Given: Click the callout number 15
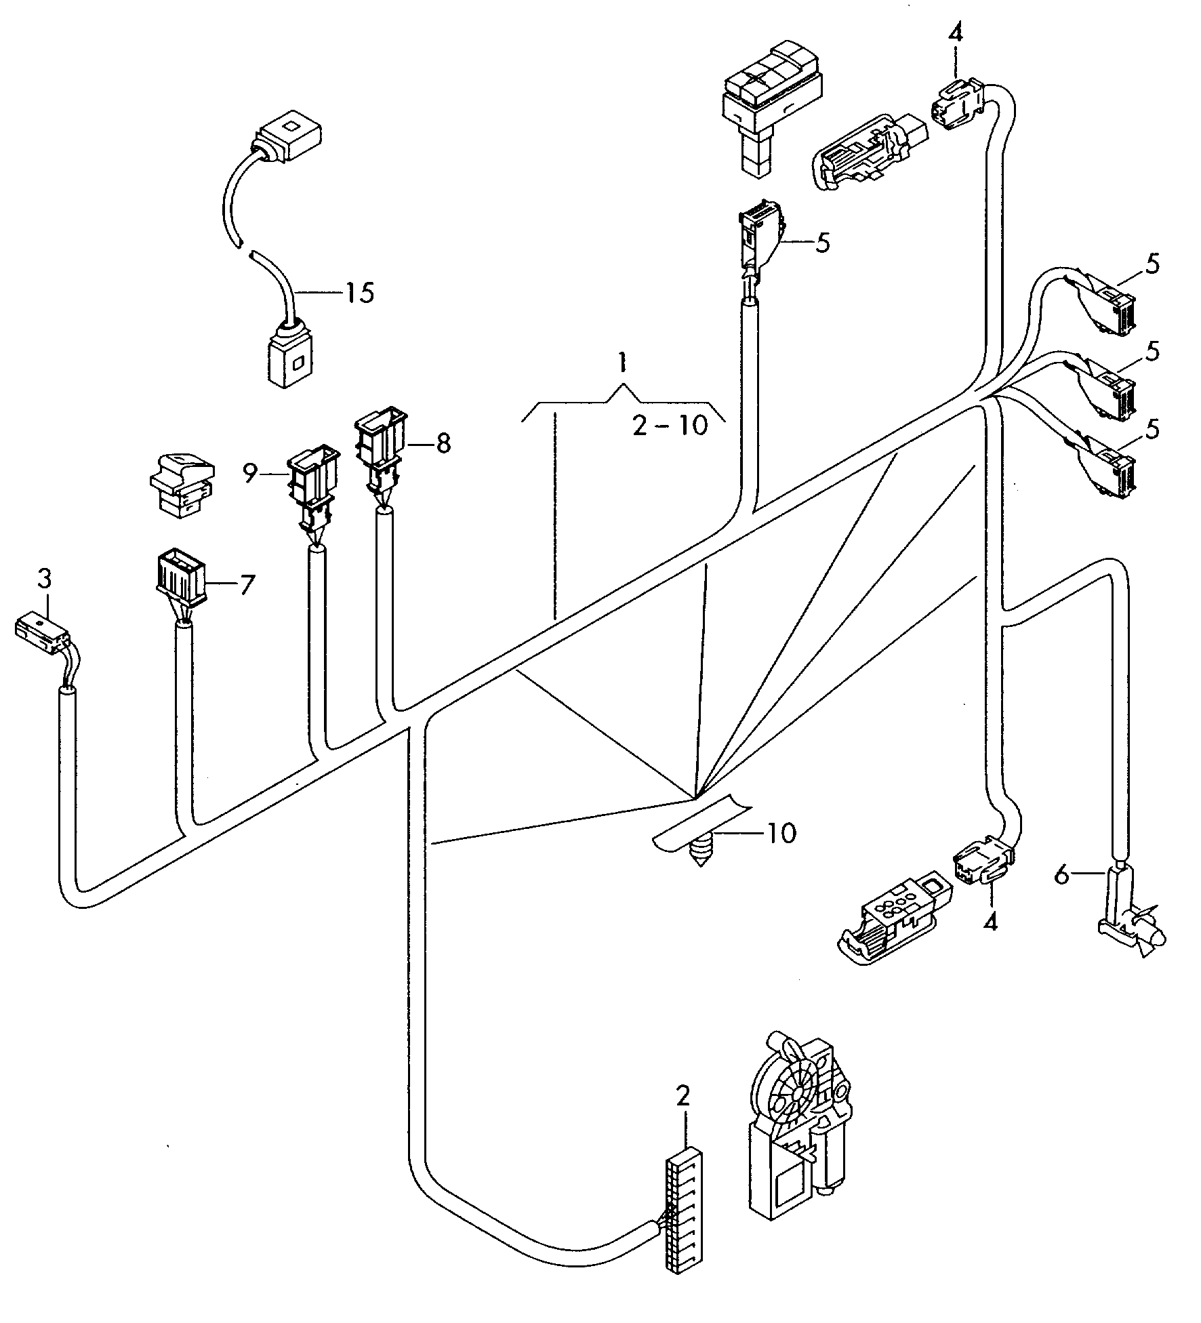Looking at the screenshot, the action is click(x=359, y=293).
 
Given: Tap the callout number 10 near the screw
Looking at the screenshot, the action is click(x=781, y=833).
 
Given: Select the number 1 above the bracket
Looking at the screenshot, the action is click(x=620, y=364).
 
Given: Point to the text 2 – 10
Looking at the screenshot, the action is click(x=670, y=426).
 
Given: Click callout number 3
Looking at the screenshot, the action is click(x=44, y=579).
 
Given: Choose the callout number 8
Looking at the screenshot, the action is click(x=443, y=444).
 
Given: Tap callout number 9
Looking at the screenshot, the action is click(x=251, y=474).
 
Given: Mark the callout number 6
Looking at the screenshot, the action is click(x=1062, y=876).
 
